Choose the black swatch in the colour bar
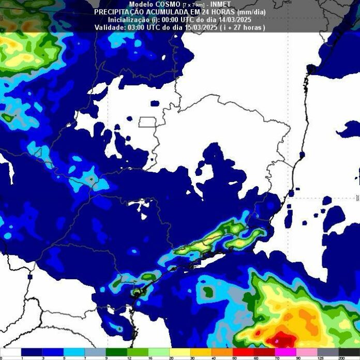click(x=349, y=351)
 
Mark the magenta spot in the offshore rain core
click(x=277, y=341)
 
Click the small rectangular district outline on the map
click(x=147, y=122)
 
